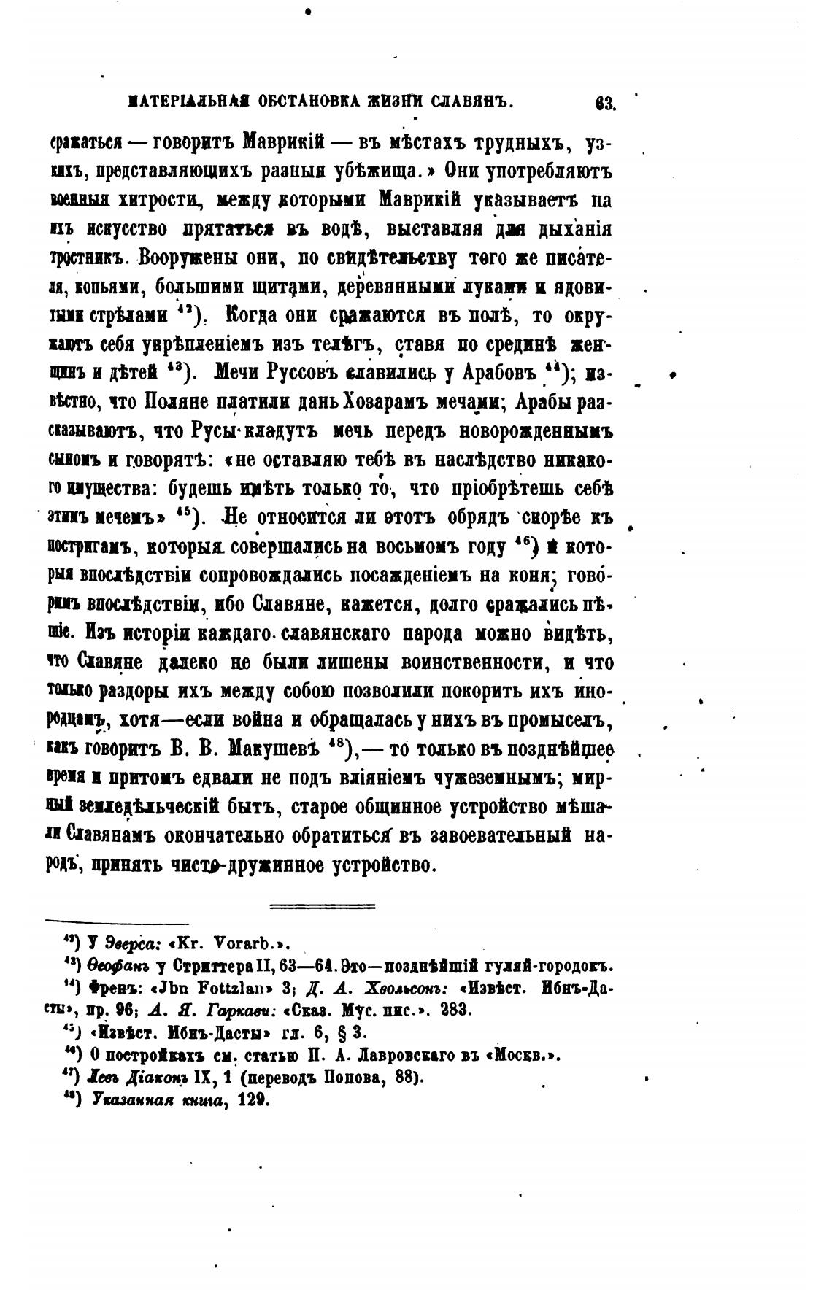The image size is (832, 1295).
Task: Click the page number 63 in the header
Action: point(605,103)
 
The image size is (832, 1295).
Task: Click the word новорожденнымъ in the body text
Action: point(536,430)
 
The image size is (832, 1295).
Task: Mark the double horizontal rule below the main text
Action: point(323,907)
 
